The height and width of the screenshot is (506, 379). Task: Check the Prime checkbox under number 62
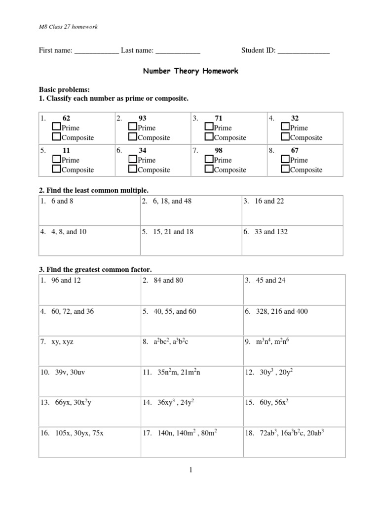[x=56, y=128]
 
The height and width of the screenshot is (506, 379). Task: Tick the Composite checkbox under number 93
[x=132, y=138]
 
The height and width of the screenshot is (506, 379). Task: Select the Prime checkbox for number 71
[x=209, y=128]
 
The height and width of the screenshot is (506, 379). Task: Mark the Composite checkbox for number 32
[x=285, y=138]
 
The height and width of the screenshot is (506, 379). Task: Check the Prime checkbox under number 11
[x=56, y=160]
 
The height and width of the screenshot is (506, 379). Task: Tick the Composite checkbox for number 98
[x=209, y=169]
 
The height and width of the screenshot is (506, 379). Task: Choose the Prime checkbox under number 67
[x=285, y=160]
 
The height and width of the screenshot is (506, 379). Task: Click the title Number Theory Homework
[x=190, y=71]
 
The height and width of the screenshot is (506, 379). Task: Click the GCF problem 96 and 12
[x=65, y=281]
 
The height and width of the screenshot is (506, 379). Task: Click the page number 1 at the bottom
[x=190, y=470]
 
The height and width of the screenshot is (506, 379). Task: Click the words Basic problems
[x=64, y=90]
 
